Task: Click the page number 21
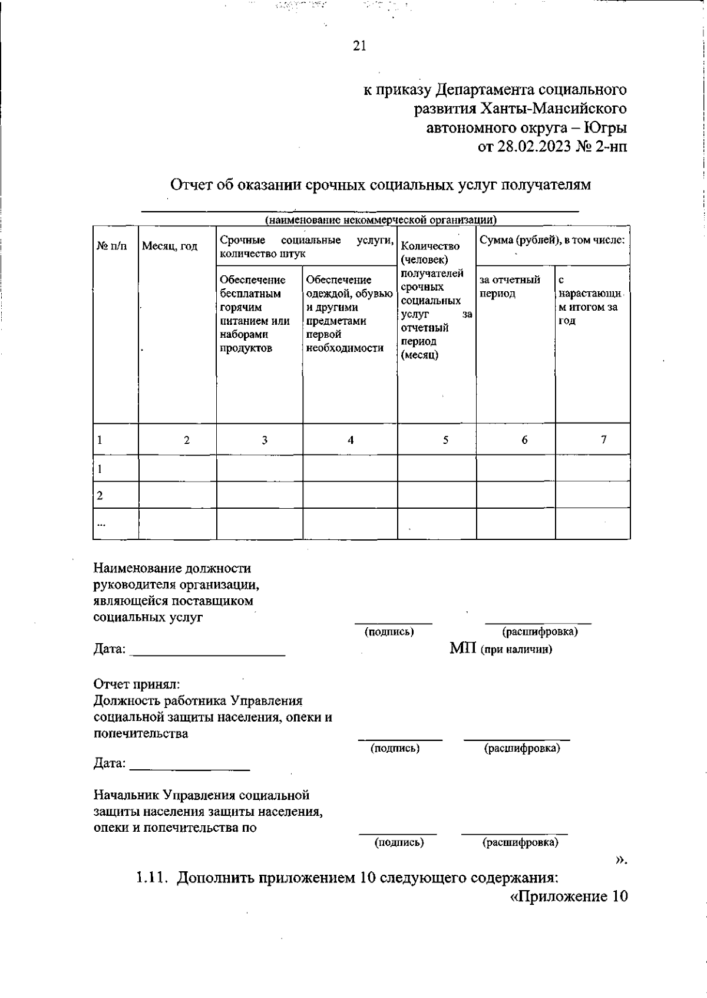click(x=359, y=46)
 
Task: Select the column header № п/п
click(x=111, y=246)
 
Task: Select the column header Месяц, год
click(x=170, y=246)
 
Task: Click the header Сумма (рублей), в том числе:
click(x=552, y=240)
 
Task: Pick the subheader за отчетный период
click(x=510, y=286)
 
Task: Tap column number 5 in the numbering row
click(x=445, y=440)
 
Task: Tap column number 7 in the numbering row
click(x=603, y=440)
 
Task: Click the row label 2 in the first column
click(x=100, y=496)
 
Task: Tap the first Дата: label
click(x=110, y=650)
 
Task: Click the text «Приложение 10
click(x=569, y=897)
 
